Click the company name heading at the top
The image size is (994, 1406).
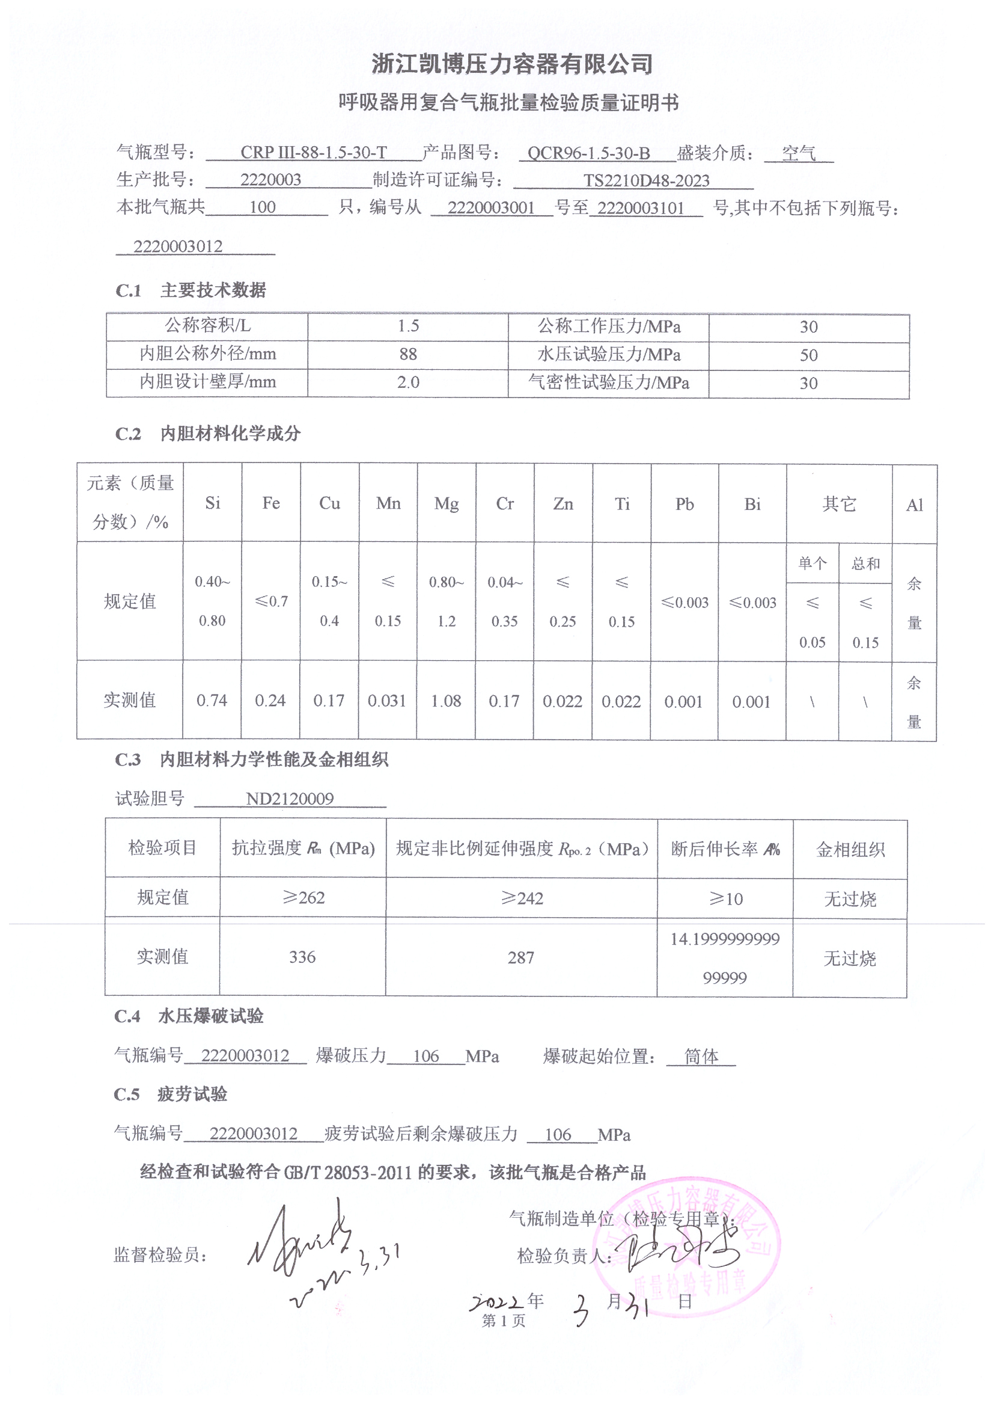coord(511,64)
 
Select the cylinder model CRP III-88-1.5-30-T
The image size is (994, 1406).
coord(313,153)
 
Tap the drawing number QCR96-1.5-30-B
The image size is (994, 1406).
coord(588,153)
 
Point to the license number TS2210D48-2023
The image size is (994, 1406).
coord(645,180)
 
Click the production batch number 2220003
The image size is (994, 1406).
coord(270,180)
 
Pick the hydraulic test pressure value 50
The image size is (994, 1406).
coord(808,355)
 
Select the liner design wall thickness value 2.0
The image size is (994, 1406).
coord(408,382)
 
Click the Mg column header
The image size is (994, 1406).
coord(446,504)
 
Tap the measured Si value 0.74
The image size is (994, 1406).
coord(212,701)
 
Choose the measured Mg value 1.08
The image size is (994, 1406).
coord(446,701)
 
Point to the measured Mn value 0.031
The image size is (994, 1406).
coord(387,701)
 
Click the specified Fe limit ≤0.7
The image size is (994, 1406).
coord(271,602)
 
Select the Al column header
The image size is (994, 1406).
coord(915,505)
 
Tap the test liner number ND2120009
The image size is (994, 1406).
coord(290,799)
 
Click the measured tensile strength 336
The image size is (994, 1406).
coord(302,957)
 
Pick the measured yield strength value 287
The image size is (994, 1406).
coord(521,958)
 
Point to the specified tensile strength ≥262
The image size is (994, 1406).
coord(303,898)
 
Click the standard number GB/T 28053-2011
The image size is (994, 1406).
coord(347,1173)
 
